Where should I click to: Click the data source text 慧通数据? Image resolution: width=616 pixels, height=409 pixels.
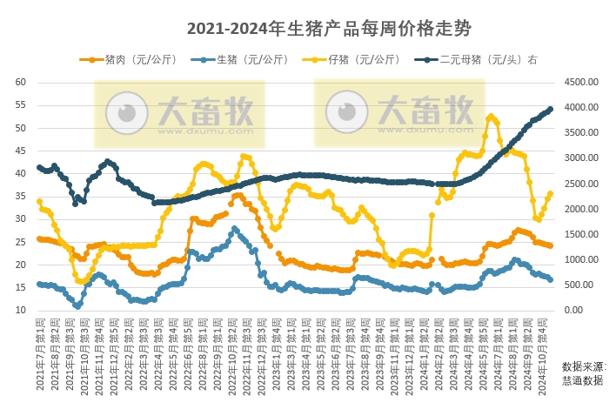point(583,380)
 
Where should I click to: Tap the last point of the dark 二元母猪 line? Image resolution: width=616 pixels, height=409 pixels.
point(551,109)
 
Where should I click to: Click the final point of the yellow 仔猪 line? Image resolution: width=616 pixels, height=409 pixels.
point(551,193)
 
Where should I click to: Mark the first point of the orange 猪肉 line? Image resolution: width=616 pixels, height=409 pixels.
point(39,238)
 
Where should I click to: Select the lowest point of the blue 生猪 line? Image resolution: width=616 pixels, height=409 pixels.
point(77,306)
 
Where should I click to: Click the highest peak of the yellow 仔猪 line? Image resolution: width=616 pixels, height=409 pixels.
point(492,116)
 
